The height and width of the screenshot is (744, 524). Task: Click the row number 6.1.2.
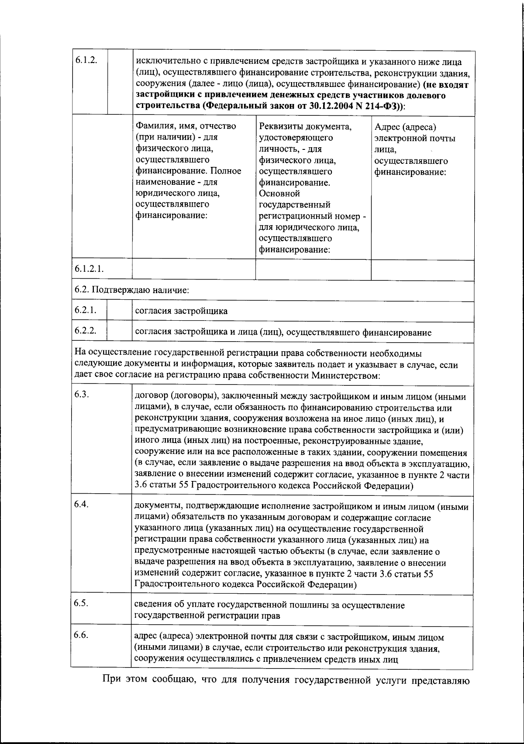click(86, 61)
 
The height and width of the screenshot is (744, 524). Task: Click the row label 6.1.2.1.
click(89, 268)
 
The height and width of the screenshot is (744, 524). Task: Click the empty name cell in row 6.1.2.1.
click(194, 270)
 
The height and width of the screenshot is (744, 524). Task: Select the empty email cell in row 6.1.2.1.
click(422, 270)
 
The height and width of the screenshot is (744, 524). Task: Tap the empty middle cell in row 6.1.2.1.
click(313, 270)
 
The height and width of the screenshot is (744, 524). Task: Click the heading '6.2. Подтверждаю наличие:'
click(131, 290)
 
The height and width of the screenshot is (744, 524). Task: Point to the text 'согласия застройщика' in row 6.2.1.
click(181, 311)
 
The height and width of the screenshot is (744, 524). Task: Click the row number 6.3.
click(82, 394)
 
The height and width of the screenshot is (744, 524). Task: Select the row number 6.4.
click(82, 504)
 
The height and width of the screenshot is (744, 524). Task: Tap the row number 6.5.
click(82, 603)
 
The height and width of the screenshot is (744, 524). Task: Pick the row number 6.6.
click(82, 635)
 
